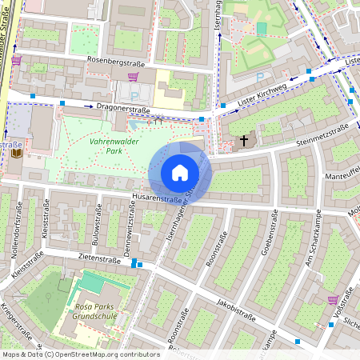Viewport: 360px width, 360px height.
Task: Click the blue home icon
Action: (x=180, y=172)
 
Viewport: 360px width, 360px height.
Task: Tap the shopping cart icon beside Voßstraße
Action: (x=332, y=300)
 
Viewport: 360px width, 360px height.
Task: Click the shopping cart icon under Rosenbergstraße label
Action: (x=134, y=78)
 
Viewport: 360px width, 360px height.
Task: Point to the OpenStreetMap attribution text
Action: (x=80, y=354)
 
